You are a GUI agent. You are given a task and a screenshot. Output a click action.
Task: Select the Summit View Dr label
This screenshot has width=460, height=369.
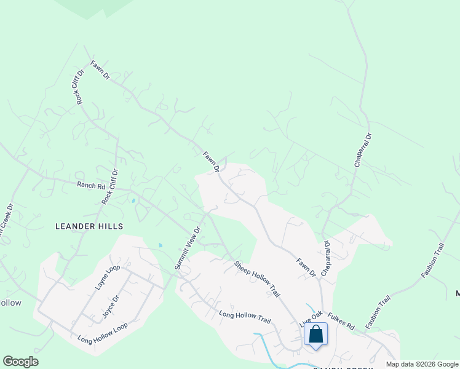187,248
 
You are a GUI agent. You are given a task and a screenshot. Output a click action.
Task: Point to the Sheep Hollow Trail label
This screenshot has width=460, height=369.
261,277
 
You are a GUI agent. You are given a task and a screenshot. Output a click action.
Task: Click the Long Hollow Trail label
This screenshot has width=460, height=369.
245,317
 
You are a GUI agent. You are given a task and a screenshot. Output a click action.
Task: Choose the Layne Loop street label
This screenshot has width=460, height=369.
106,277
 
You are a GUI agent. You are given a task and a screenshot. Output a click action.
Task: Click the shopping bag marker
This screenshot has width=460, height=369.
316,335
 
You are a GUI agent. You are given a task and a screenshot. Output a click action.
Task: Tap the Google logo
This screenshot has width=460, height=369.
20,362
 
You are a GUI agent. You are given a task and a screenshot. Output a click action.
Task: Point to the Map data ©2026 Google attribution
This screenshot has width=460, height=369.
422,364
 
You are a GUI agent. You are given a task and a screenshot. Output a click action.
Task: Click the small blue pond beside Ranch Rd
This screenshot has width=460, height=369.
132,200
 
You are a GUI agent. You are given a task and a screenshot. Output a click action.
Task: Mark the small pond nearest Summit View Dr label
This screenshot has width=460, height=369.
161,245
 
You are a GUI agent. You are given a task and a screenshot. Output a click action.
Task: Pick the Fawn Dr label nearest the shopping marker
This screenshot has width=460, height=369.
306,267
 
